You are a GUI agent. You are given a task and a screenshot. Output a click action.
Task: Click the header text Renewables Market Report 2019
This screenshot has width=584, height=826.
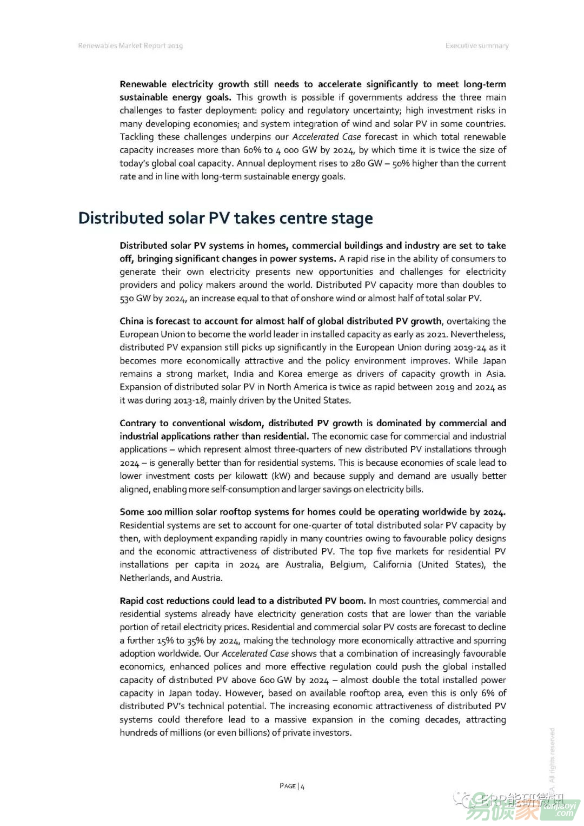(130, 46)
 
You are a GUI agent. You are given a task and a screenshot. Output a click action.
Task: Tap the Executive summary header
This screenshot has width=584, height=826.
(477, 46)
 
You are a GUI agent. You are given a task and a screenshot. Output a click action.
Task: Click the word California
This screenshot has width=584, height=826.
(392, 565)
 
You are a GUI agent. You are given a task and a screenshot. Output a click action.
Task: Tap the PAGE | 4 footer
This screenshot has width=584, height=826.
(292, 786)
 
